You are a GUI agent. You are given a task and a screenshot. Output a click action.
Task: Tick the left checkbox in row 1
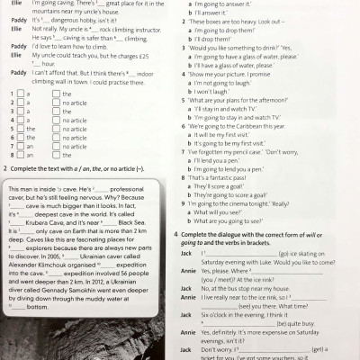[x=8, y=94]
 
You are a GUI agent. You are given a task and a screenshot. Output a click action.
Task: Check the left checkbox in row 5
[x=8, y=129]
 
